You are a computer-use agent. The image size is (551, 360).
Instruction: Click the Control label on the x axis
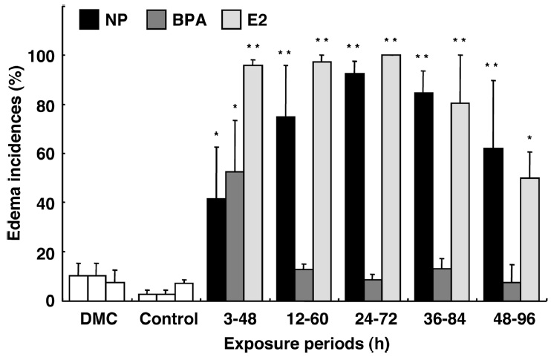click(x=167, y=321)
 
